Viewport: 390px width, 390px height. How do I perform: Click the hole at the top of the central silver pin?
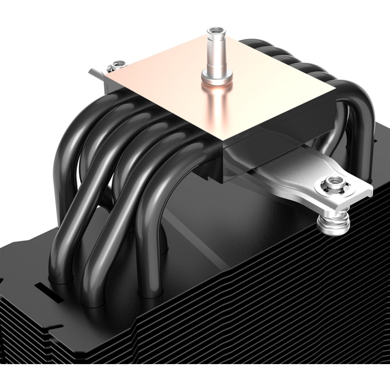[x=216, y=30]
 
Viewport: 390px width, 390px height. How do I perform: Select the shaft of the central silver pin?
[x=216, y=53]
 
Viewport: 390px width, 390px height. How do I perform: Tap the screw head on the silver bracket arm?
[x=335, y=184]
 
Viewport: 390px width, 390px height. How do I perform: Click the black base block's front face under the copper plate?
[x=208, y=168]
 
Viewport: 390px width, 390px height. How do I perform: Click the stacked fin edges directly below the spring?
[x=335, y=259]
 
